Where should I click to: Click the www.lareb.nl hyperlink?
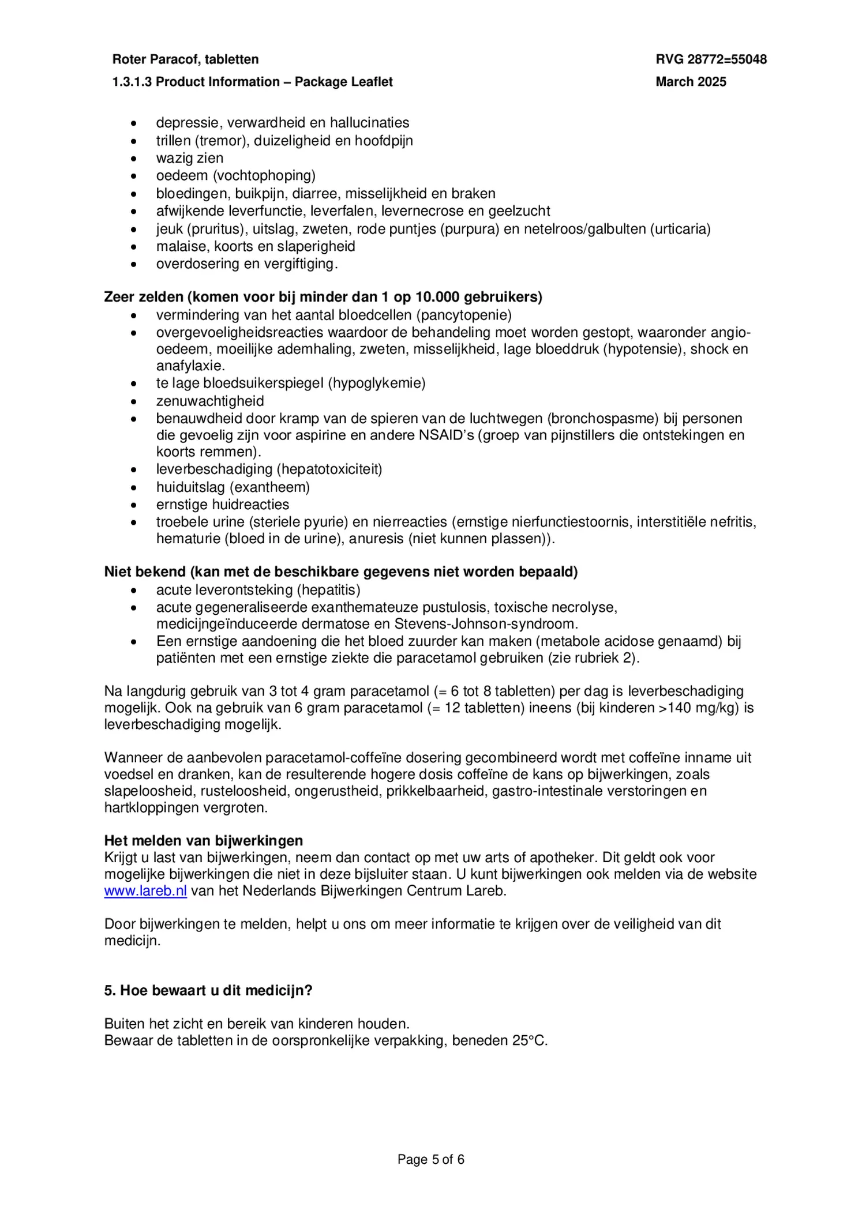(x=145, y=890)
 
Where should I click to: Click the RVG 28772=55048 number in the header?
(x=711, y=59)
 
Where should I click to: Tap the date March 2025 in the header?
(x=691, y=82)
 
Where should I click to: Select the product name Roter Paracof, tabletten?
(x=185, y=59)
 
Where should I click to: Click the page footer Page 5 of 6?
(x=430, y=1159)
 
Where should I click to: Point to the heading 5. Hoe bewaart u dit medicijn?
(x=208, y=990)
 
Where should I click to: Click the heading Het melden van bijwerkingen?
(x=203, y=840)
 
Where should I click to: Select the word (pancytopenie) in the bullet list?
(x=463, y=315)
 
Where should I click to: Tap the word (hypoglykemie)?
(x=376, y=383)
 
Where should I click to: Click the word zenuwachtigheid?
(x=210, y=401)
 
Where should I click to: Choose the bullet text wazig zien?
(x=189, y=158)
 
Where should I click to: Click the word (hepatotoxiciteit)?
(x=332, y=469)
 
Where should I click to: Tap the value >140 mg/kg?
(x=699, y=708)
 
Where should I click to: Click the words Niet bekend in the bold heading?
(x=145, y=572)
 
